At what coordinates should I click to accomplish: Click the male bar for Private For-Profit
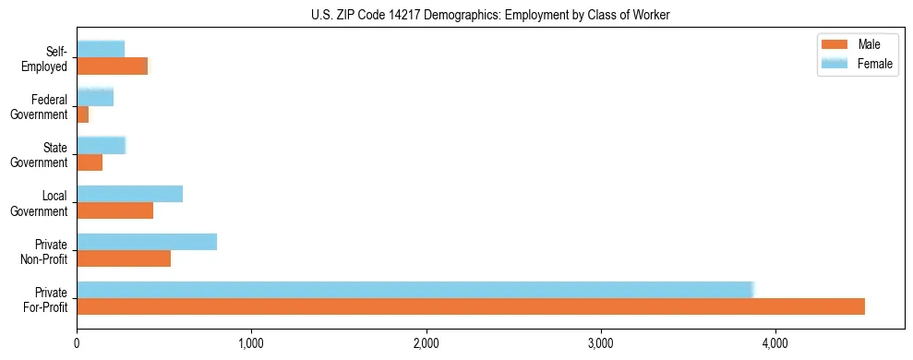point(471,306)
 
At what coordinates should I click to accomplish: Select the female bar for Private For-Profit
point(415,289)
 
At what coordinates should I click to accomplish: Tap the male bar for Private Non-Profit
point(124,258)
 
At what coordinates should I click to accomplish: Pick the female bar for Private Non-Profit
point(147,241)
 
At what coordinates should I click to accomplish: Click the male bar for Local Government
point(115,210)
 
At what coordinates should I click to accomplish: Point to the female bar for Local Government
point(130,193)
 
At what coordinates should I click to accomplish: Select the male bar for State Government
point(90,162)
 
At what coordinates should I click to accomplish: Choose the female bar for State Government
point(102,145)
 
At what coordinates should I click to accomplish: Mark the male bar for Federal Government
point(83,114)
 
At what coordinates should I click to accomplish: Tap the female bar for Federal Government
point(95,97)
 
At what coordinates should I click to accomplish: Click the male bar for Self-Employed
point(113,66)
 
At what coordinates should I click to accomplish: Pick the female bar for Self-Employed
point(101,49)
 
